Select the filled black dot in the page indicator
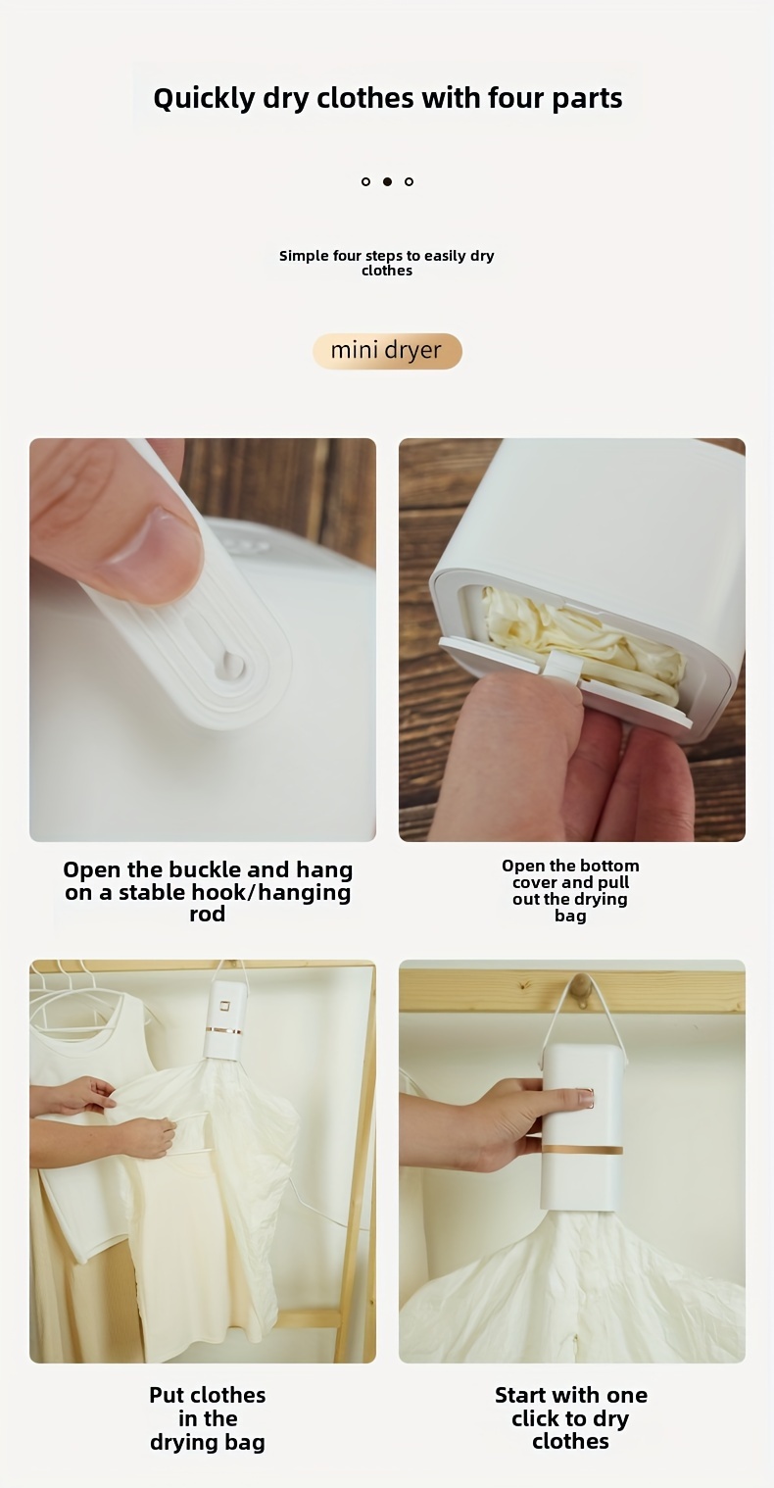point(388,181)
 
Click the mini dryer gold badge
point(387,351)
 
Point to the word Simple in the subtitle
point(303,256)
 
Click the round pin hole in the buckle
point(231,662)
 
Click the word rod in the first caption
point(207,914)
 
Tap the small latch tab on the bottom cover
point(562,667)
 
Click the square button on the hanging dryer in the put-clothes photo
point(223,1007)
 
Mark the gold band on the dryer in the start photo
point(582,1149)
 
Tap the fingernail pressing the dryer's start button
point(585,1098)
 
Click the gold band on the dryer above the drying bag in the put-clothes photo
point(223,1030)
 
